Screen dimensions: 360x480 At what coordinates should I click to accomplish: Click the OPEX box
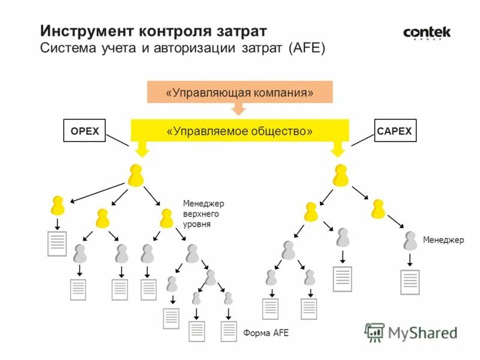click(84, 131)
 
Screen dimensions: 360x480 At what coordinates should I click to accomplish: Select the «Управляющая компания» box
click(239, 93)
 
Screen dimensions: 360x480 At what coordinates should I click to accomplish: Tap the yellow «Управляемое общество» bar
click(239, 131)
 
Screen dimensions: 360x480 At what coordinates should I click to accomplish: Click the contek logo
click(427, 33)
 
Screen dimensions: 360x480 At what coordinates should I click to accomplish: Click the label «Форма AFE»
click(266, 333)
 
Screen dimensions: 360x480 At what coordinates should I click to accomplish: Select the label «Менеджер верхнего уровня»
click(203, 214)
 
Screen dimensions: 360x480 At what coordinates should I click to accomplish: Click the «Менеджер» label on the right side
click(443, 240)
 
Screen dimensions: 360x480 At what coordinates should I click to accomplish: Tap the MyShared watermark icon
click(375, 332)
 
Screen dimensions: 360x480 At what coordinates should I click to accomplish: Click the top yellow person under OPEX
click(136, 175)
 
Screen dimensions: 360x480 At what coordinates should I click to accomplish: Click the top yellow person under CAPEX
click(341, 175)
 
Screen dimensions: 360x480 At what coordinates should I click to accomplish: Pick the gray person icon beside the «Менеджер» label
click(410, 241)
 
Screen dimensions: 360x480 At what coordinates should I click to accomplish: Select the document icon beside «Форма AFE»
click(229, 331)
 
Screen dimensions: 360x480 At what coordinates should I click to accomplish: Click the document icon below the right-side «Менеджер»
click(410, 282)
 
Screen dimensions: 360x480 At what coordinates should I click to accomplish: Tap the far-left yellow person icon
click(58, 206)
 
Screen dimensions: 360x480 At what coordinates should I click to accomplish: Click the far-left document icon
click(57, 244)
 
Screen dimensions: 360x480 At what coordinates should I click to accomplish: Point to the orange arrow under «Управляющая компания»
click(239, 109)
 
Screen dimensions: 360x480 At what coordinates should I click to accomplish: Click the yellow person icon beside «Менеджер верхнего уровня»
click(167, 218)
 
